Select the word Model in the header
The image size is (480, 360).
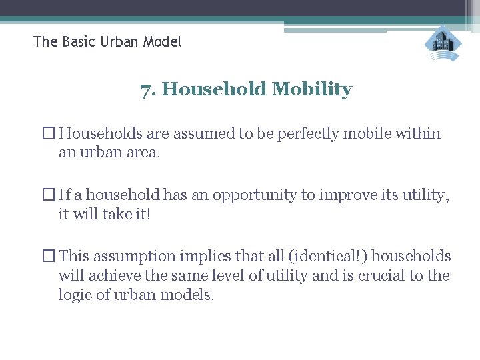coord(160,42)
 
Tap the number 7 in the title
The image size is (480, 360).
coord(145,89)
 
